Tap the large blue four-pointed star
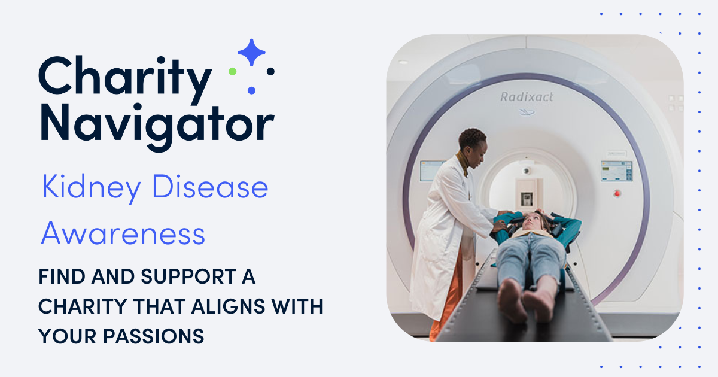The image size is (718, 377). (x=252, y=53)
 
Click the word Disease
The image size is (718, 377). (x=210, y=188)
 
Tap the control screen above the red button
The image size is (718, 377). (x=616, y=170)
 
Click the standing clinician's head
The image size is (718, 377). (x=473, y=142)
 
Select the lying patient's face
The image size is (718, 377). (x=530, y=223)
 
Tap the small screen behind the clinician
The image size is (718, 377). (x=431, y=171)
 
